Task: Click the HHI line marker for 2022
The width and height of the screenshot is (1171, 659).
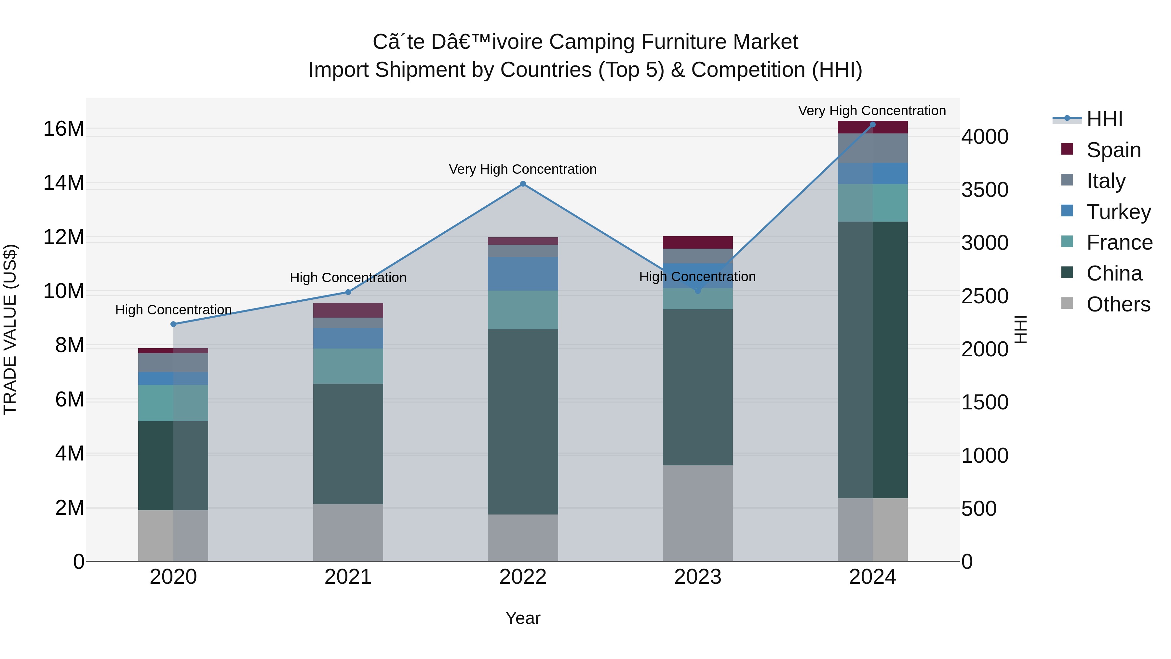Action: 523,184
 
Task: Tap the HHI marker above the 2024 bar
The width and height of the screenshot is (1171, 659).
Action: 872,125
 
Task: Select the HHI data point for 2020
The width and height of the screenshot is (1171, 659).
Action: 173,324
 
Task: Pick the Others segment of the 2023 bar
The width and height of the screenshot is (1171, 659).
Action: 697,513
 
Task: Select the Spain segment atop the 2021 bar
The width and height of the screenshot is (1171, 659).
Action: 348,310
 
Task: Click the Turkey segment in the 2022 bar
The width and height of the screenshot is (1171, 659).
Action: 523,274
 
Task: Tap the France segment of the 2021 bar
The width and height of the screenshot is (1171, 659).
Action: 348,366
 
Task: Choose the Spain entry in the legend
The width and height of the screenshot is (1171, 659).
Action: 1113,150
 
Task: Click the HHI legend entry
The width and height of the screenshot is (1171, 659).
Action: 1104,119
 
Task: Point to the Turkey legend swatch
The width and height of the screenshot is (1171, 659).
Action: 1067,211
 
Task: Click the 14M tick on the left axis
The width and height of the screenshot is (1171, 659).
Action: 64,183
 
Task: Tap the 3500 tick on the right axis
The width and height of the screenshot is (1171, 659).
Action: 985,190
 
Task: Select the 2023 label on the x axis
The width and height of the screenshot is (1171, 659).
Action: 697,577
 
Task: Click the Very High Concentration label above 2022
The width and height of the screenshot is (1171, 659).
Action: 523,169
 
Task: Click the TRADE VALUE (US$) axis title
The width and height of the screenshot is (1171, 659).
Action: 10,329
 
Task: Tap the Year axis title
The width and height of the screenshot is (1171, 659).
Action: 523,618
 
